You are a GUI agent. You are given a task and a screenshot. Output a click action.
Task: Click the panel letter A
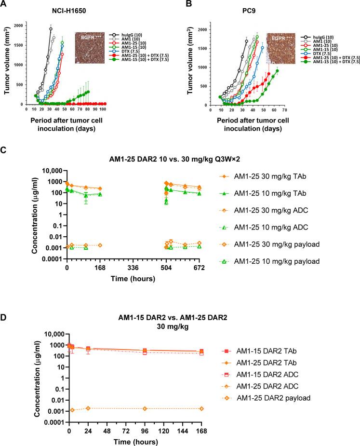[x=4, y=4]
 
